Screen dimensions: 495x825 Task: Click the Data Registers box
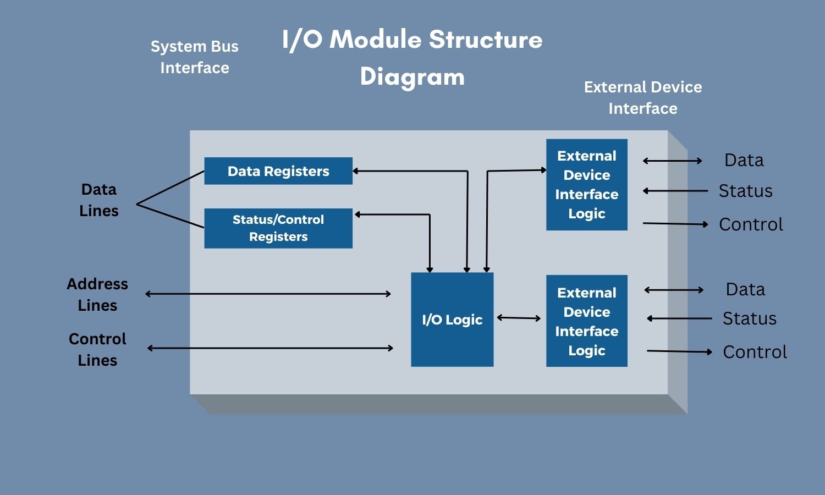[x=278, y=171]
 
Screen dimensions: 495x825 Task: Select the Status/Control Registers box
[x=278, y=228]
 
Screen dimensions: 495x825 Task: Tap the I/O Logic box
[x=452, y=320]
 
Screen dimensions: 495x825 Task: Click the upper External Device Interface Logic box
[x=587, y=185]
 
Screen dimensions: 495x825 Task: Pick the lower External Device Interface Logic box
[x=587, y=321]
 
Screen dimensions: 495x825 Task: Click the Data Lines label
[x=99, y=200]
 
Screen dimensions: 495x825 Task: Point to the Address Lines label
[x=97, y=294]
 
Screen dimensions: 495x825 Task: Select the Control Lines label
[x=97, y=349]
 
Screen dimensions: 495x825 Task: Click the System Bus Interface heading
[x=195, y=57]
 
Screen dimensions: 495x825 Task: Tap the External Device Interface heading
[x=643, y=98]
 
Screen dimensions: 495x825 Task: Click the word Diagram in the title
[x=413, y=77]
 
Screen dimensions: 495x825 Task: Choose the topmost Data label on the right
[x=744, y=160]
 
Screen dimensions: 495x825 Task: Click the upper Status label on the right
[x=745, y=191]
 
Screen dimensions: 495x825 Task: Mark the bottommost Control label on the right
[x=755, y=352]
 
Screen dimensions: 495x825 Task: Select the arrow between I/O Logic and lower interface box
[x=519, y=318]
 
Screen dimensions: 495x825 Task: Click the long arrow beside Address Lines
[x=268, y=294]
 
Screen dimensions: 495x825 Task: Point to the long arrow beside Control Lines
[x=270, y=348]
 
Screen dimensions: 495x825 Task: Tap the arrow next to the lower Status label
[x=679, y=318]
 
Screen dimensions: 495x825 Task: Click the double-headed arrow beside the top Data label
[x=673, y=161]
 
